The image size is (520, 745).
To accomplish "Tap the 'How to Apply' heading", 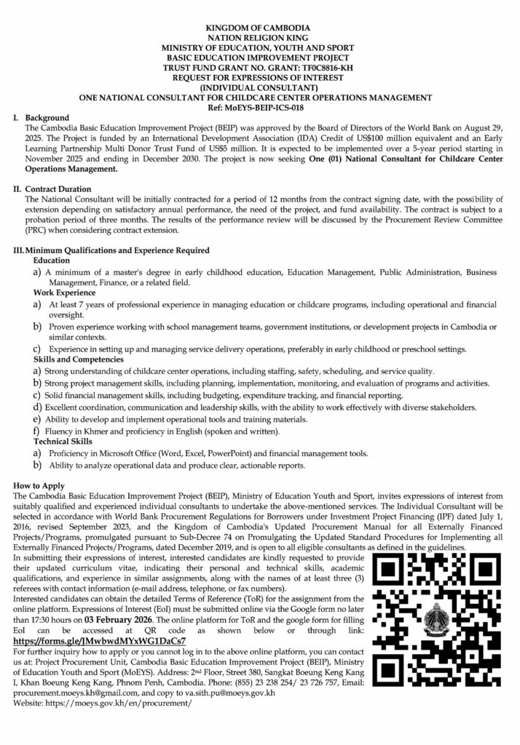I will [39, 485].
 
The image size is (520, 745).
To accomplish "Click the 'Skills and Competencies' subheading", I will [79, 359].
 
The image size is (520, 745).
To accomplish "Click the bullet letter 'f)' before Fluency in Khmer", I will [36, 430].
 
